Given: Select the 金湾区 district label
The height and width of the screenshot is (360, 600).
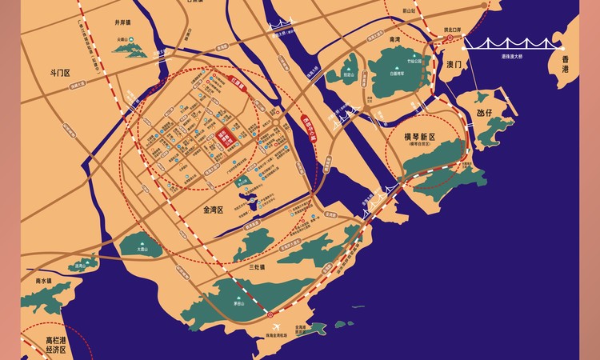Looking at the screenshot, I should pos(209,209).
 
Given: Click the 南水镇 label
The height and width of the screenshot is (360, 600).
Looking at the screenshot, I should pos(38,281).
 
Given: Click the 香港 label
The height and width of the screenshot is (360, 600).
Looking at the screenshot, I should pos(566,64).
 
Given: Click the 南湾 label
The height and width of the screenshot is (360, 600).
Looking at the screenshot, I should pos(394,39).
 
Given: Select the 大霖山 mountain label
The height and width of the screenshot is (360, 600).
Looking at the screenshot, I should pos(144,249).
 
